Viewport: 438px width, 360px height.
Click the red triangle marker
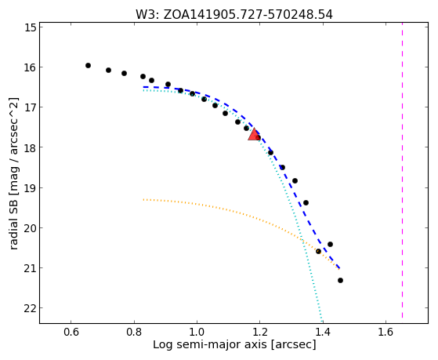click(254, 135)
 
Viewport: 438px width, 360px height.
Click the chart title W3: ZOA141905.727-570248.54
click(234, 15)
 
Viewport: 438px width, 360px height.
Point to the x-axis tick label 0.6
click(71, 332)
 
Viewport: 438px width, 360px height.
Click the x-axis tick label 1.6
click(386, 332)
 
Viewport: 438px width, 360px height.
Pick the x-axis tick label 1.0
click(197, 332)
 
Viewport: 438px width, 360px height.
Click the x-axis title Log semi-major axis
click(210, 344)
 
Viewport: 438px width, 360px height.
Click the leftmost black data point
click(88, 65)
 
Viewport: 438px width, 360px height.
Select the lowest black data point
click(340, 280)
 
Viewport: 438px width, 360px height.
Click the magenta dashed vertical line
click(402, 170)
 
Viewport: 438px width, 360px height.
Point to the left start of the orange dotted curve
click(143, 199)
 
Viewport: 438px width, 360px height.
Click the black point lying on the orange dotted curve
click(318, 252)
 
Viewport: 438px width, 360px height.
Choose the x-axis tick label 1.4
click(323, 332)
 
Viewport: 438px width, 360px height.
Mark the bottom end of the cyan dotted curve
click(322, 322)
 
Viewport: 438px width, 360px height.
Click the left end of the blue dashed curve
click(143, 87)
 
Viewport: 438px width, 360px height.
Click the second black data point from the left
click(108, 70)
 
